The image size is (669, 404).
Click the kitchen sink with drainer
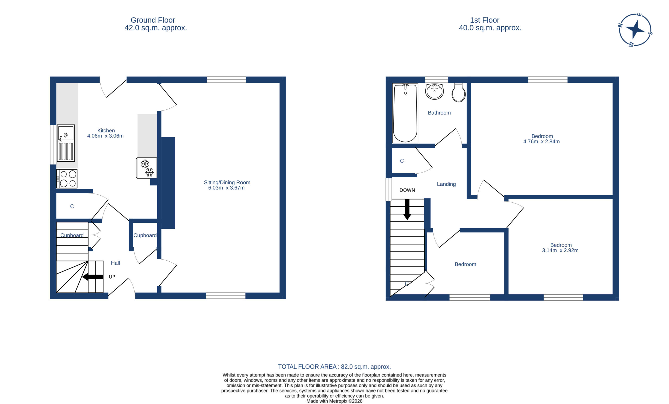point(66,143)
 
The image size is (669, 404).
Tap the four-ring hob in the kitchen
point(67,179)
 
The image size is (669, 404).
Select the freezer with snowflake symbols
point(147,168)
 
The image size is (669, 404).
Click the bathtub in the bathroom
point(405,113)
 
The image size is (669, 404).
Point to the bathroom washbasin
point(434,91)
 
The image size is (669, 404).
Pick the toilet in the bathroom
point(459,92)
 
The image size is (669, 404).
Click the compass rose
point(635,30)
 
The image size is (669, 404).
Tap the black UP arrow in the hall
point(93,277)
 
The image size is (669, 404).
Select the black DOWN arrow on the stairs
point(407,209)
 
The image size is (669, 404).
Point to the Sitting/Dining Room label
point(227,183)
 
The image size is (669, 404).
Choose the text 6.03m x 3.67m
point(226,188)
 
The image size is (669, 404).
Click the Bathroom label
point(439,113)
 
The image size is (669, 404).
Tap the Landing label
point(446,184)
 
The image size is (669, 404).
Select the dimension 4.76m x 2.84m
point(541,141)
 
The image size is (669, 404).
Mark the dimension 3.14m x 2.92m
point(560,250)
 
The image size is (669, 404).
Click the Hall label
point(116,263)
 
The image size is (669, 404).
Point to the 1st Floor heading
point(485,20)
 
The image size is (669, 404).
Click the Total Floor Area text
point(334,367)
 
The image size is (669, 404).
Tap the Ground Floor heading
point(153,20)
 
